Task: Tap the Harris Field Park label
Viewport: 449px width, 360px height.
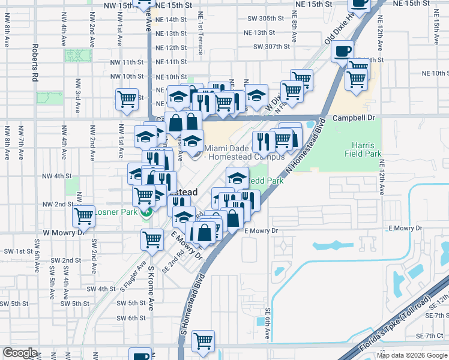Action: pos(363,149)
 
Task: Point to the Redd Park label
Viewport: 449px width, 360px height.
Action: pos(265,180)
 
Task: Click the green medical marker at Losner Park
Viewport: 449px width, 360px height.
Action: pos(145,212)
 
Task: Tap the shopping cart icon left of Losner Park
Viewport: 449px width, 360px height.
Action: pos(84,214)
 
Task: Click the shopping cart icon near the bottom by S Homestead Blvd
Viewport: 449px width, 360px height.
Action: pos(203,340)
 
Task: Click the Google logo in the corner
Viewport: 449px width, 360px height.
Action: pos(20,353)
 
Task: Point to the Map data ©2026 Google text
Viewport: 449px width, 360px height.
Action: pos(411,355)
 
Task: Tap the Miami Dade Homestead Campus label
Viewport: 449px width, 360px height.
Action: pos(244,153)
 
